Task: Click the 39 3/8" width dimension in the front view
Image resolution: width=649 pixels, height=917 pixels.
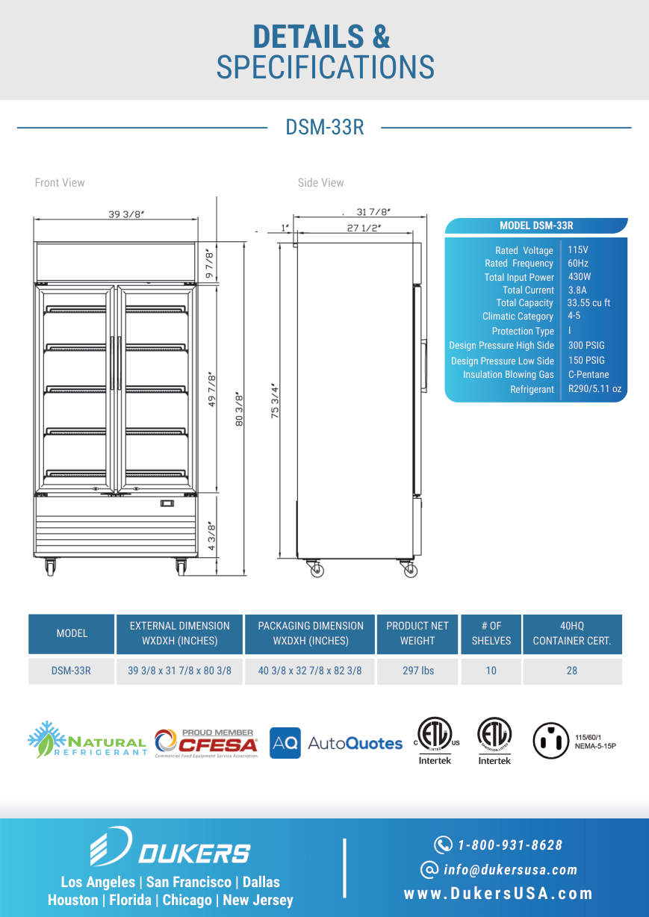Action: coord(126,214)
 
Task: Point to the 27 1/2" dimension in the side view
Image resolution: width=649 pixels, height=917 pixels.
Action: coord(364,228)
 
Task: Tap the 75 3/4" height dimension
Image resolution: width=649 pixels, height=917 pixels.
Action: coord(275,401)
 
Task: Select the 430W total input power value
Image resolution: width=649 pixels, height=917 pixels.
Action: coord(580,277)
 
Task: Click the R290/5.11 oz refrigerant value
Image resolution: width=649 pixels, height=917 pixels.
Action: coord(594,389)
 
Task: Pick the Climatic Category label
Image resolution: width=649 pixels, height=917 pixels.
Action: coord(518,317)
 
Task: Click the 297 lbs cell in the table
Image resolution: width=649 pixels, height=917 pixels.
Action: coord(418,671)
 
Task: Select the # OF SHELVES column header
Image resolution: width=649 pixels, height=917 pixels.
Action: coord(491,633)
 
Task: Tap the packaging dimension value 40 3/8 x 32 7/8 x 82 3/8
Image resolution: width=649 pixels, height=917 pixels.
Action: coord(310,671)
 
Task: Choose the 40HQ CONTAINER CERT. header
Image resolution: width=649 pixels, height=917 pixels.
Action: coord(572,633)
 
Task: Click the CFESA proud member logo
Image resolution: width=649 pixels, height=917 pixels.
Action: coord(206,744)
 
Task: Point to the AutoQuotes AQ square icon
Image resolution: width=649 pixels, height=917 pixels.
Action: coord(285,743)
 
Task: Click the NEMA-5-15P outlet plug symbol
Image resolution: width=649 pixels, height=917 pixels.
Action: coord(550,741)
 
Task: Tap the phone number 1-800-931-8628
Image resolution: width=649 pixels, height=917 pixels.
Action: coord(510,845)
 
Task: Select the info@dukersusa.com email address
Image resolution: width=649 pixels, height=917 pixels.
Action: coord(510,869)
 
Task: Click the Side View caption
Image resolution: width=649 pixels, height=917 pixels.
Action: coord(320,183)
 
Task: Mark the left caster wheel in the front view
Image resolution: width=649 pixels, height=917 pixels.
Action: coord(50,567)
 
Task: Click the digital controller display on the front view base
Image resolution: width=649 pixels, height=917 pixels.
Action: coord(167,503)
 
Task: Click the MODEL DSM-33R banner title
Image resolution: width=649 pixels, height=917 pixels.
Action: coord(536,226)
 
